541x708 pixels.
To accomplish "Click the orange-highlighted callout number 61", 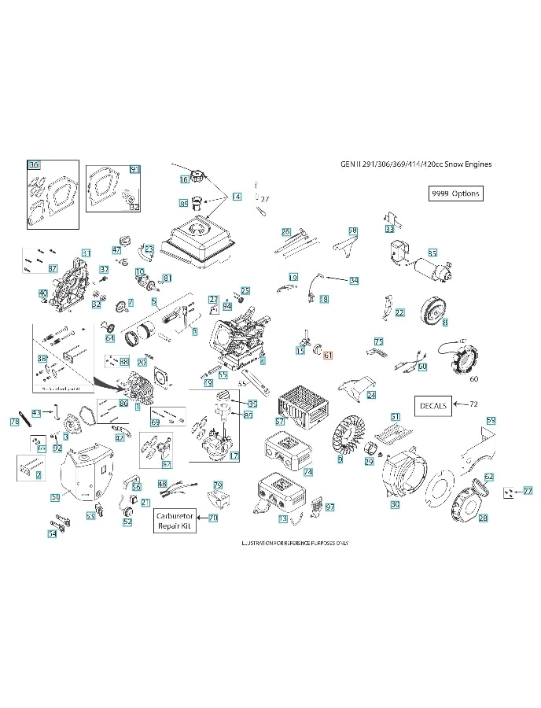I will [328, 355].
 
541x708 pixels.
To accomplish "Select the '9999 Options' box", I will [455, 194].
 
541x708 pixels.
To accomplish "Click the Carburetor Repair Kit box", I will [175, 520].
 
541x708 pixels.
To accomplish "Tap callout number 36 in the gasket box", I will [33, 165].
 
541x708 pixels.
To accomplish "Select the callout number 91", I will [134, 169].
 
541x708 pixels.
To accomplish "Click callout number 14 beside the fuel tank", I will [236, 197].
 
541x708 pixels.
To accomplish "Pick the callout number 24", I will [371, 395].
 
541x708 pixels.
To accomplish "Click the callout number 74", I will [307, 472].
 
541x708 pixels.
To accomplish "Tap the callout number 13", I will [282, 519].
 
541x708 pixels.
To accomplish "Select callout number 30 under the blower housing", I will [396, 504].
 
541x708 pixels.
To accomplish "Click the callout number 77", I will [528, 490].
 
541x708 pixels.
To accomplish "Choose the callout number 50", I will [55, 496].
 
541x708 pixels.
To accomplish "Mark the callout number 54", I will [52, 534].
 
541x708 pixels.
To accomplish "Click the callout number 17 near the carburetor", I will [234, 456].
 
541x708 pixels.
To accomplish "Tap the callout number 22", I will [399, 312].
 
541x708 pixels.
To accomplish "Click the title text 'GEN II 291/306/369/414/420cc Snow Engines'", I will [417, 164].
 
